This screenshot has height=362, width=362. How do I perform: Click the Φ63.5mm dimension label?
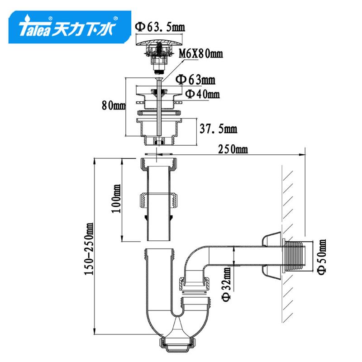(x=160, y=27)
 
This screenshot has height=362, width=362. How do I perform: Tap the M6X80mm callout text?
(x=201, y=54)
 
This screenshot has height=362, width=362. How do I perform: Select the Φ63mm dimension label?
(x=195, y=80)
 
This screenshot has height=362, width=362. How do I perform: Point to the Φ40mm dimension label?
(x=202, y=94)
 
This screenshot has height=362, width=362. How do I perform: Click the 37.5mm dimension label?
(x=219, y=129)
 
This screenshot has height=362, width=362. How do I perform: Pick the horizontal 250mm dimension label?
(x=233, y=149)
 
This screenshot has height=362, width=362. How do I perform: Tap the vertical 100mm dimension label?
(x=116, y=199)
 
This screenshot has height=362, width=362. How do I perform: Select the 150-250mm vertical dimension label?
(x=89, y=248)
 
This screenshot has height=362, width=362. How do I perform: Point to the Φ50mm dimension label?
(x=322, y=257)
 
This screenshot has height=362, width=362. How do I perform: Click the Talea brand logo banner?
(x=70, y=27)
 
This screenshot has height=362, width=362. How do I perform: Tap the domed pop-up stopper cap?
(x=159, y=43)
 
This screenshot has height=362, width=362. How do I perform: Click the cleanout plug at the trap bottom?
(x=177, y=344)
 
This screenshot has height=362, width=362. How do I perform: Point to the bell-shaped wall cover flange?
(x=272, y=257)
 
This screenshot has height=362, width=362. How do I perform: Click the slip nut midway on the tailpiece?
(x=159, y=200)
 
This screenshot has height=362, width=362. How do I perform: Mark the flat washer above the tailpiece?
(x=159, y=153)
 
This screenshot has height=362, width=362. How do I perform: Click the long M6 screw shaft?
(x=159, y=108)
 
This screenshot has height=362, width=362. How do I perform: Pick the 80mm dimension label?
(x=114, y=106)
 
